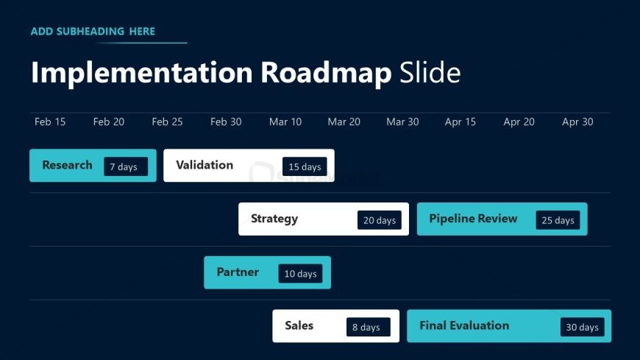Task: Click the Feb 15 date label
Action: (50, 121)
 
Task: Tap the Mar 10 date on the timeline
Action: (285, 121)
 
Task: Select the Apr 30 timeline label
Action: (577, 121)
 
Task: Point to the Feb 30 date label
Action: (226, 121)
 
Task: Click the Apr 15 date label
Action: (460, 121)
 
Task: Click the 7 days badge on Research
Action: (126, 166)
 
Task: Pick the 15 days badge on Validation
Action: (305, 166)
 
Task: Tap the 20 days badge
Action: (380, 220)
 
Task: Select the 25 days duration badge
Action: (558, 220)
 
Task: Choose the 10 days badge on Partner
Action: (300, 273)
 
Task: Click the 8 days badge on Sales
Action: (369, 327)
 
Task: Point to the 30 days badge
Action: (583, 327)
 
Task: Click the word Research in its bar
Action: (68, 165)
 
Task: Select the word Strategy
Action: (274, 219)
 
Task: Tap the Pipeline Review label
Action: (473, 219)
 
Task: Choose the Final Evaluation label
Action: (464, 325)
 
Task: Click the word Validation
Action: (205, 165)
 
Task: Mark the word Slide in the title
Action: (430, 73)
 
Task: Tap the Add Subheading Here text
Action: (93, 32)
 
